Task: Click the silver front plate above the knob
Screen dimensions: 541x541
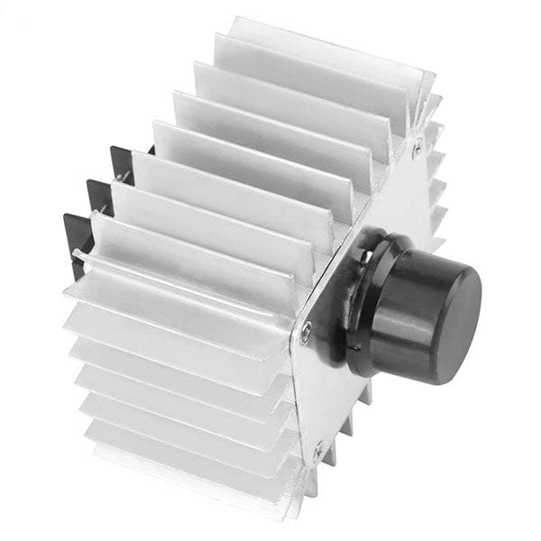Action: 388,198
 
